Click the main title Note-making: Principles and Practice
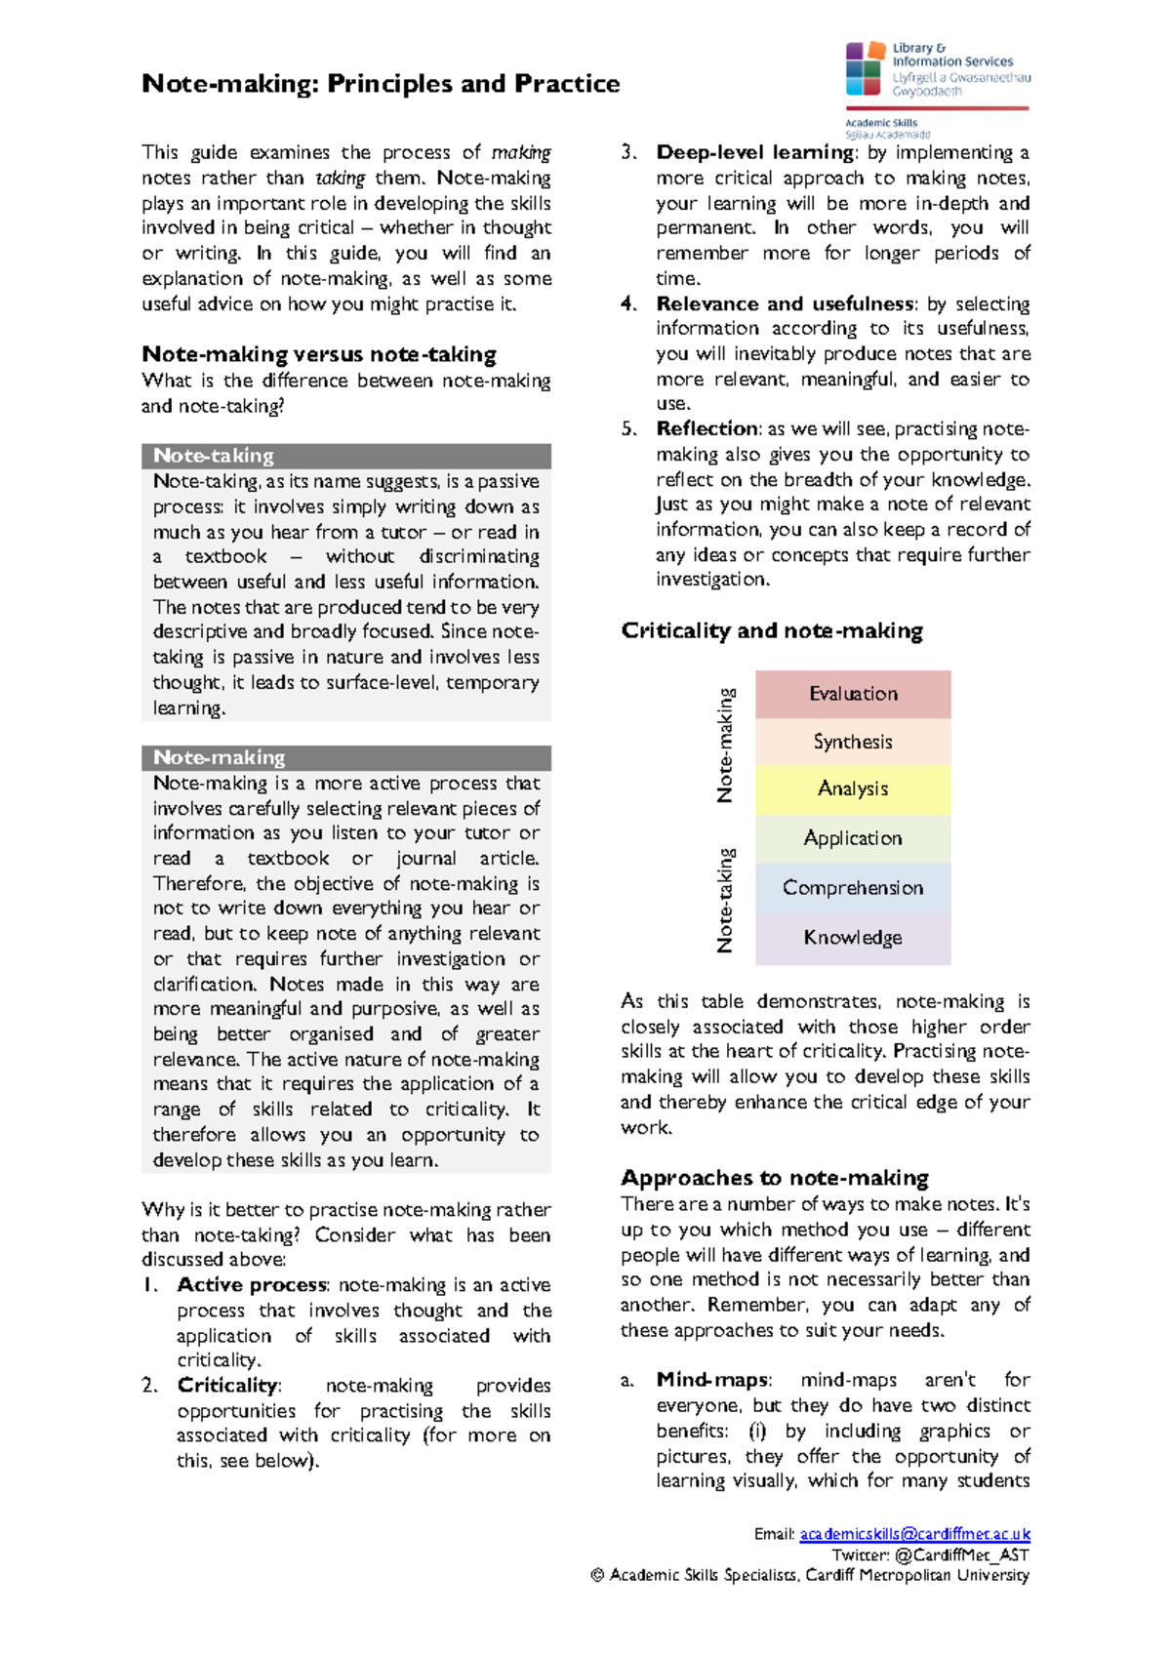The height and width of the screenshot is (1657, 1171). (381, 84)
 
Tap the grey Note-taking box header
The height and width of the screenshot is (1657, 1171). (346, 456)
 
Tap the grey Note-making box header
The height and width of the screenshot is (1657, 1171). (346, 757)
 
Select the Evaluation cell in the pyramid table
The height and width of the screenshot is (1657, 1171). (853, 694)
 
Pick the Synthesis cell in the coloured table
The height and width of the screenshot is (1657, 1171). (853, 742)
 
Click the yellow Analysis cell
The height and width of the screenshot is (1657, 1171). (853, 788)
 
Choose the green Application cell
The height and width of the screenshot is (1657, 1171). (853, 838)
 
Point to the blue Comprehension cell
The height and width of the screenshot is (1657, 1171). (853, 888)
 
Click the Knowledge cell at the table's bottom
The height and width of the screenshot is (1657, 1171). (853, 938)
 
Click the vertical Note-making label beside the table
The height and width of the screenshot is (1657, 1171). (725, 745)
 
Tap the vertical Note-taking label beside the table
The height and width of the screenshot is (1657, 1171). (725, 899)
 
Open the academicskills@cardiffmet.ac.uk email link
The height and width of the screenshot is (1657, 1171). (914, 1534)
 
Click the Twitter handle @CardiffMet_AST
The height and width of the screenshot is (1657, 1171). (961, 1555)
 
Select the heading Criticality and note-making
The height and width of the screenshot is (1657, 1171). (772, 630)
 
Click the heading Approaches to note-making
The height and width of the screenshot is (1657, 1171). (775, 1178)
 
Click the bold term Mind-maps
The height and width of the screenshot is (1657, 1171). (712, 1380)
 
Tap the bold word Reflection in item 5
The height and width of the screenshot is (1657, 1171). (707, 428)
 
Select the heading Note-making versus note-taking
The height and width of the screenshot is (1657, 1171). (319, 354)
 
